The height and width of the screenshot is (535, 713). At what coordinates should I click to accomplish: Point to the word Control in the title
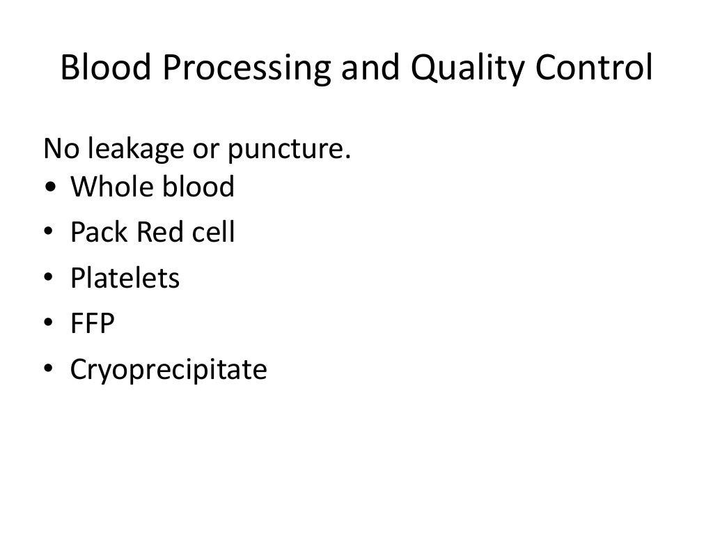[x=598, y=68]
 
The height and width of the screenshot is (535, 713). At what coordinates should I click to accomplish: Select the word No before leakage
[x=58, y=148]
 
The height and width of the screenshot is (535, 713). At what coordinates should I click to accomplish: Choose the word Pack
[x=99, y=232]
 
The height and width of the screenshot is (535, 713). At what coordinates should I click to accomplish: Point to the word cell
[x=212, y=232]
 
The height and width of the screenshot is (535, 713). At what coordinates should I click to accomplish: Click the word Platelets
[x=125, y=278]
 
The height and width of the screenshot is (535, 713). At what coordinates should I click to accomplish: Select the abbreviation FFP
[x=92, y=324]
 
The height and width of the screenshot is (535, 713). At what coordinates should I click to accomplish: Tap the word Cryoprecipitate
[x=169, y=370]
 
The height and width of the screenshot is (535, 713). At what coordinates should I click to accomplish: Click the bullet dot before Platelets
[x=49, y=279]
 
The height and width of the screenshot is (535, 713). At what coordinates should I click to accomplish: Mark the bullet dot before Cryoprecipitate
[x=49, y=371]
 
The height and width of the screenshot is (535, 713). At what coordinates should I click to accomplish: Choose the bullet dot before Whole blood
[x=49, y=188]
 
